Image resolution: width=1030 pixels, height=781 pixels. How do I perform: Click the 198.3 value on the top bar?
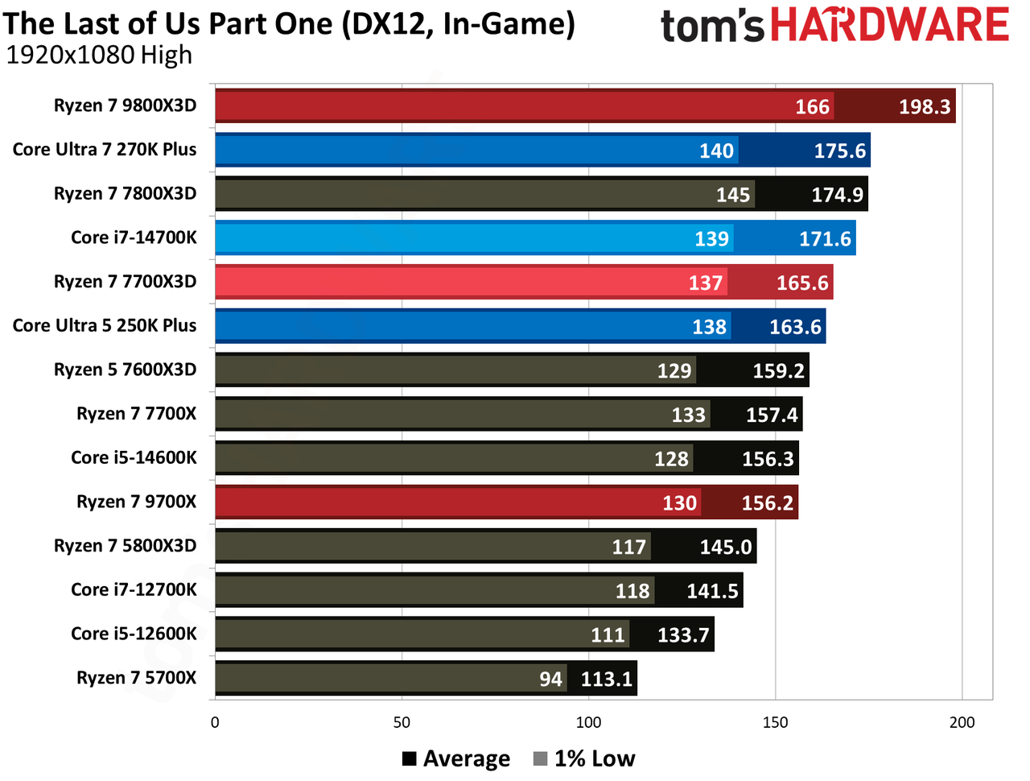click(924, 106)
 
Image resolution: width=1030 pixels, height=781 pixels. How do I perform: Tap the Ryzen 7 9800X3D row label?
click(125, 105)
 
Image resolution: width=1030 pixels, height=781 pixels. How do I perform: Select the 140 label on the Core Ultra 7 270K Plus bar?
click(716, 151)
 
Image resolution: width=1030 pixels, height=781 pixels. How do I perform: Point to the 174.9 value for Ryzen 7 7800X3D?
click(837, 195)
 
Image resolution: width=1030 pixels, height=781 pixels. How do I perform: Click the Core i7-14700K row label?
click(134, 238)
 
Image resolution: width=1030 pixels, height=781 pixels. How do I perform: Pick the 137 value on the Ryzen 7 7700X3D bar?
click(705, 283)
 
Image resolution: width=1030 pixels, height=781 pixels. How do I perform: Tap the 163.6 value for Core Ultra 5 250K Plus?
click(795, 327)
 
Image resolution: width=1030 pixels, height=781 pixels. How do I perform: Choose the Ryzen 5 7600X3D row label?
click(125, 370)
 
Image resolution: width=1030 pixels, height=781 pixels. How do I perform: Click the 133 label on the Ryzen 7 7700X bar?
click(688, 415)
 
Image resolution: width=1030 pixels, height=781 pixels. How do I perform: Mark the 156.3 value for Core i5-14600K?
click(768, 459)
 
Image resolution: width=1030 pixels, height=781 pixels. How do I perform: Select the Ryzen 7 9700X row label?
click(136, 502)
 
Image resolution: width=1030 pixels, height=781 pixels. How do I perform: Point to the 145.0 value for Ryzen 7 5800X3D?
click(726, 548)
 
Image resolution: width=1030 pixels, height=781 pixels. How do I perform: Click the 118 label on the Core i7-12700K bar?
click(632, 591)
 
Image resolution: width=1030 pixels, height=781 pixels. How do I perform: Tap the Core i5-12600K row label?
click(134, 634)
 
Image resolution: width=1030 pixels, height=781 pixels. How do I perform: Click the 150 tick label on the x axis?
click(775, 722)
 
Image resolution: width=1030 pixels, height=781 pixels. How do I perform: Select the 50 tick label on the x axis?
click(402, 722)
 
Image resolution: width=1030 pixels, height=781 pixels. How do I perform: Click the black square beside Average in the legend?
click(410, 759)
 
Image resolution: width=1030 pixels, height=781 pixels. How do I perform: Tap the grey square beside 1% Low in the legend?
click(540, 759)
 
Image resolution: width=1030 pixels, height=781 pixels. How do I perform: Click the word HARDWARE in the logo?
click(890, 24)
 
